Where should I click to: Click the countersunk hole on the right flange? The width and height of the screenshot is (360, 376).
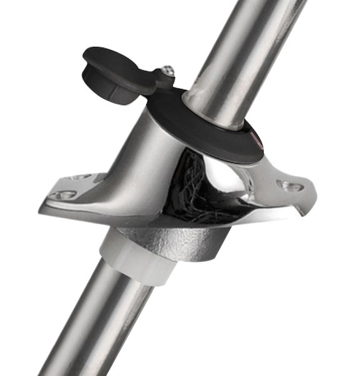tap(290, 185)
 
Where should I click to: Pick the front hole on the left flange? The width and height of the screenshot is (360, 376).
tap(62, 195)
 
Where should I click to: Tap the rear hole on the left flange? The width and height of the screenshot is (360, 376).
tap(81, 177)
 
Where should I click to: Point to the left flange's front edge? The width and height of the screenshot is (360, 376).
tap(75, 213)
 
